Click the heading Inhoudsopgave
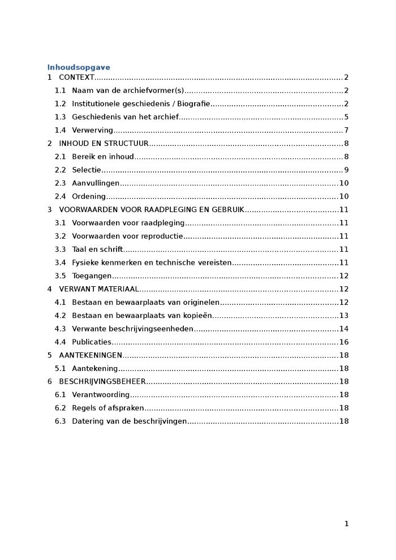click(x=79, y=67)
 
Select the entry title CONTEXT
click(x=76, y=77)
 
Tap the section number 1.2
click(x=60, y=104)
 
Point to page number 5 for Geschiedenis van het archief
click(x=346, y=117)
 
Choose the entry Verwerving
click(x=92, y=131)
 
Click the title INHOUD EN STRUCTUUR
click(x=104, y=144)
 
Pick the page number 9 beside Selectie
click(x=346, y=170)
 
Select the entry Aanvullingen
click(x=96, y=183)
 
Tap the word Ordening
click(x=89, y=197)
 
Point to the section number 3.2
click(x=60, y=236)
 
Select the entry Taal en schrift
click(x=97, y=249)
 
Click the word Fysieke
click(x=85, y=262)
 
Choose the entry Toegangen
click(x=92, y=276)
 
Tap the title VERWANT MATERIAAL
click(x=98, y=289)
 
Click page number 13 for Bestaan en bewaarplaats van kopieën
click(x=344, y=316)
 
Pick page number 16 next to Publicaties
click(x=344, y=342)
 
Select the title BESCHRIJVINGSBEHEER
click(x=102, y=382)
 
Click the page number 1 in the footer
click(x=346, y=524)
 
